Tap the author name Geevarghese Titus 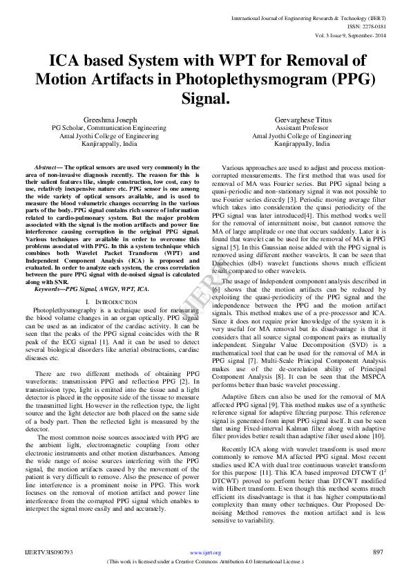click(x=301, y=119)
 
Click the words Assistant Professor click(x=301, y=128)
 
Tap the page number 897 click(x=377, y=552)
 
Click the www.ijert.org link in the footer click(x=204, y=553)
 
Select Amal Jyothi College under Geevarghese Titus click(x=301, y=136)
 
